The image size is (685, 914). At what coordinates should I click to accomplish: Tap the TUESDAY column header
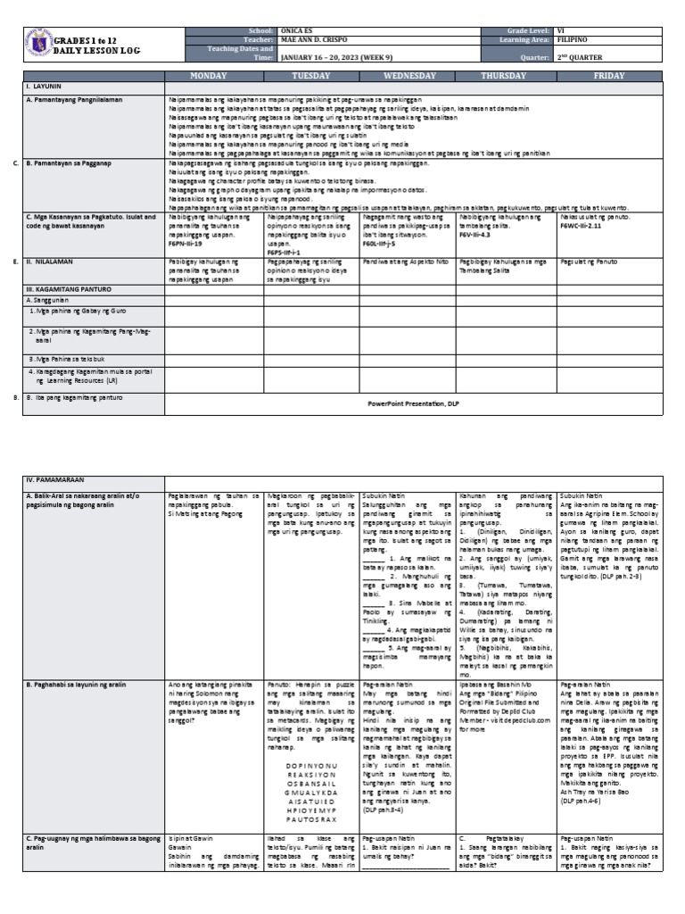click(309, 77)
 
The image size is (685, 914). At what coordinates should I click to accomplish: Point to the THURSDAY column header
click(504, 77)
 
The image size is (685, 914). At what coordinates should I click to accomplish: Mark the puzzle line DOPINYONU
click(311, 765)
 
